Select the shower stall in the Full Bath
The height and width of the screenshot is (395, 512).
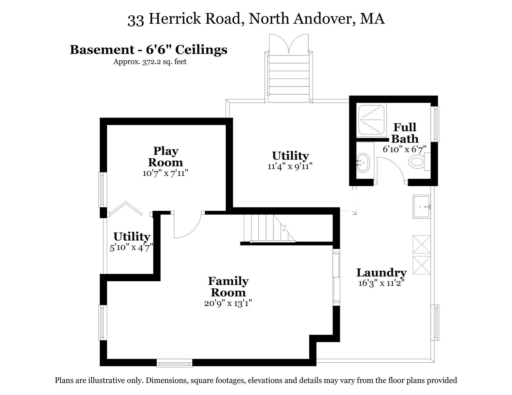pyautogui.click(x=372, y=120)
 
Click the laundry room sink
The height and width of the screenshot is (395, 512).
pyautogui.click(x=421, y=207)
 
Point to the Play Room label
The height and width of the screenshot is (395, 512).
pyautogui.click(x=166, y=157)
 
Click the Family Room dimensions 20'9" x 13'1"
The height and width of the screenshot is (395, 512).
pyautogui.click(x=228, y=303)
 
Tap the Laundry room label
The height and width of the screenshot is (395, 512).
pyautogui.click(x=381, y=273)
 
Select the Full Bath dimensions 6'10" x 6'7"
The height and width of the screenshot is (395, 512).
pyautogui.click(x=404, y=149)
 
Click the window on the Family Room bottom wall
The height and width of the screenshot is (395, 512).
pyautogui.click(x=175, y=363)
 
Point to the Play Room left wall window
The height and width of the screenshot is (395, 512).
pyautogui.click(x=103, y=190)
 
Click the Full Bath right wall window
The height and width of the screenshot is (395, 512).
pyautogui.click(x=435, y=124)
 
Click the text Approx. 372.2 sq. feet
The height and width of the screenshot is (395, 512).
pyautogui.click(x=150, y=62)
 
